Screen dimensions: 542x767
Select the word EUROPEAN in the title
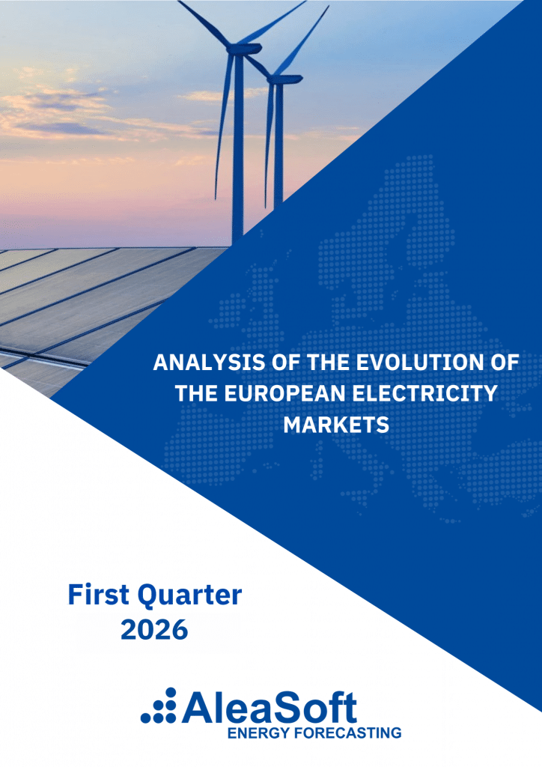click(285, 393)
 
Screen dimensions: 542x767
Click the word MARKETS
click(336, 425)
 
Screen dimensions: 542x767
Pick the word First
click(99, 595)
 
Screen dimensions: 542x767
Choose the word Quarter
click(189, 595)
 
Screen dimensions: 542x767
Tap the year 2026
click(154, 629)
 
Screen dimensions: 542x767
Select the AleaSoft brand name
click(270, 706)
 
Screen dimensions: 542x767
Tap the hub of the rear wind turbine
click(275, 77)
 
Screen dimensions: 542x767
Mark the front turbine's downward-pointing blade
click(223, 122)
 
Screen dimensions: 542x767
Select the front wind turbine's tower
click(238, 147)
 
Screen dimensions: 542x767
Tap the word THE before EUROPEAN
click(197, 393)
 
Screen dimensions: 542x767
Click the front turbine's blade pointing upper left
click(205, 23)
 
